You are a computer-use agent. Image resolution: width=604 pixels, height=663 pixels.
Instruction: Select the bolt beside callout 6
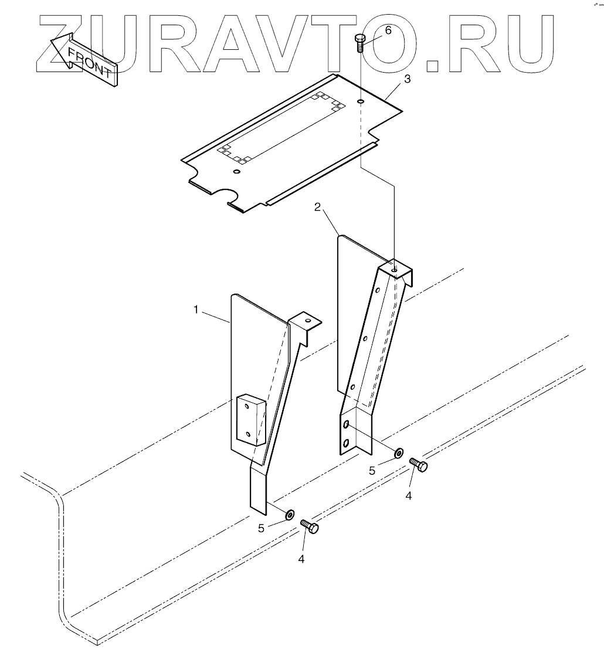359,43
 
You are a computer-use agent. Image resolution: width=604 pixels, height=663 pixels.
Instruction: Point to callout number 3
406,79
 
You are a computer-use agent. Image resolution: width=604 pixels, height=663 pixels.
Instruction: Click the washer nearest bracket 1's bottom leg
290,515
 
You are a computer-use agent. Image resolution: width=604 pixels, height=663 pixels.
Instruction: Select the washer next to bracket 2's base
398,453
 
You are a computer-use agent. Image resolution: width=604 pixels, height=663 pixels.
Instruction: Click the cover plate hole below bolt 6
359,102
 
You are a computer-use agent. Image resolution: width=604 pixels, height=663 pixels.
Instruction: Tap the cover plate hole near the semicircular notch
236,172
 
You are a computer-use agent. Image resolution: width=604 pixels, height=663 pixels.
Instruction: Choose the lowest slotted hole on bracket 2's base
346,443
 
